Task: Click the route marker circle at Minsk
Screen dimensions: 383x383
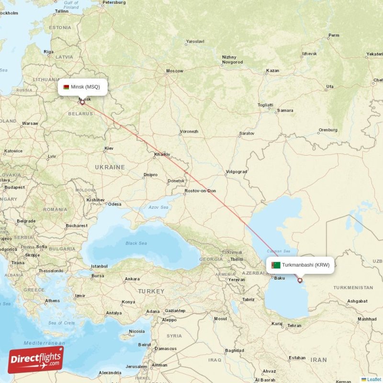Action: click(82, 102)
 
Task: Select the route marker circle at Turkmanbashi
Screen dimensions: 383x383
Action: click(300, 280)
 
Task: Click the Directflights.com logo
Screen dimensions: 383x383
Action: click(35, 360)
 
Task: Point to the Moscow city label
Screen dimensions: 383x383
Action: click(174, 71)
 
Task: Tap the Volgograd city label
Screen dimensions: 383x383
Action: click(236, 171)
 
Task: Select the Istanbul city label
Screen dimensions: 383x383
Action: click(99, 266)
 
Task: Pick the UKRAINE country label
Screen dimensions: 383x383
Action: click(110, 167)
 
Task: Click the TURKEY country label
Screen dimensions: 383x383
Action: click(151, 291)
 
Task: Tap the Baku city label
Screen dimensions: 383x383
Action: click(280, 278)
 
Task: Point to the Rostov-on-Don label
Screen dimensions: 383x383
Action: click(200, 191)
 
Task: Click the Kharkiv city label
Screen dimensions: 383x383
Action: click(162, 154)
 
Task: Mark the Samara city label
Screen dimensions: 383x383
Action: click(285, 111)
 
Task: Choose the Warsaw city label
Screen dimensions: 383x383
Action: click(30, 124)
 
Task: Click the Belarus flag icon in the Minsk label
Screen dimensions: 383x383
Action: click(66, 87)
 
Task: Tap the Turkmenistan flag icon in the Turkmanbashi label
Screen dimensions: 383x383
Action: click(276, 265)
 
